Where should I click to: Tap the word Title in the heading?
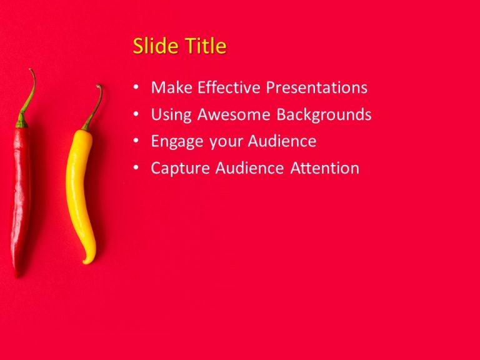click(x=203, y=46)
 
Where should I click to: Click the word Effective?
click(x=229, y=87)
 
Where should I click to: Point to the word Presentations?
click(x=317, y=87)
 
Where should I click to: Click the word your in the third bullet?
click(x=228, y=142)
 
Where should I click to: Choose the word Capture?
click(x=181, y=168)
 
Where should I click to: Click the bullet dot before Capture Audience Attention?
click(x=136, y=169)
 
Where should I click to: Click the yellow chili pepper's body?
click(x=79, y=187)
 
